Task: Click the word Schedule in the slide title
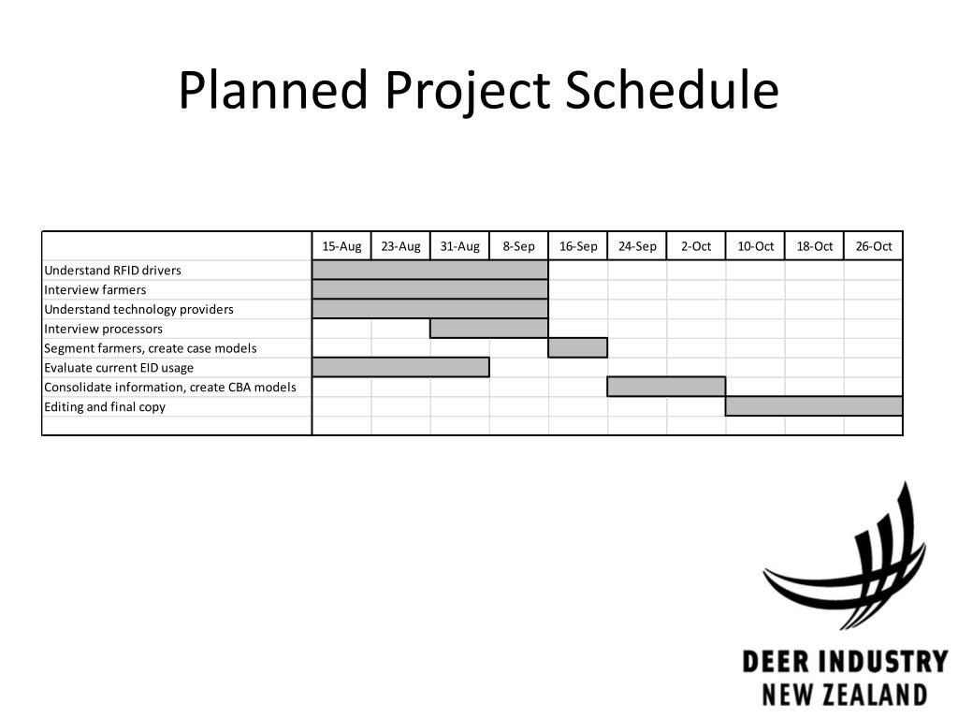point(671,93)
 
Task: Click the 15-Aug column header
point(341,246)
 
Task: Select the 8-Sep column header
point(518,246)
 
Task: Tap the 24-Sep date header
point(637,246)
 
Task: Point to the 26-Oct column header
point(873,246)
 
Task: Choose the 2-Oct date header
point(696,246)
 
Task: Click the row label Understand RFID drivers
point(112,271)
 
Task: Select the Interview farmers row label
point(95,290)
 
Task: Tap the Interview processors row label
point(103,329)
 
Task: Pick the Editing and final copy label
point(105,407)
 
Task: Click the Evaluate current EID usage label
point(119,368)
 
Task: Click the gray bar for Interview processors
point(489,329)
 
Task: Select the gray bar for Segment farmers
point(577,348)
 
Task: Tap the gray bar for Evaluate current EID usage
point(400,368)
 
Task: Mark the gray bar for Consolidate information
point(666,387)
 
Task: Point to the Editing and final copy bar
point(814,406)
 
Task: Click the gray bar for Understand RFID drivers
point(430,271)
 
